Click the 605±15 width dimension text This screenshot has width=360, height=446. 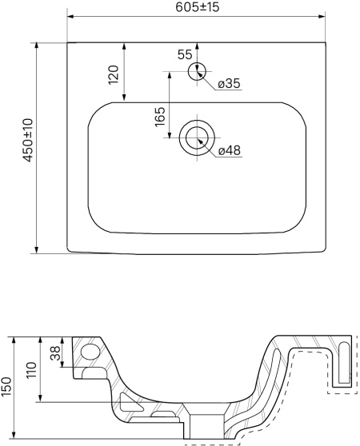point(198,7)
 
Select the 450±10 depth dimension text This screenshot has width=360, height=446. point(29,141)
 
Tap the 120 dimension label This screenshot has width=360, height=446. point(114,74)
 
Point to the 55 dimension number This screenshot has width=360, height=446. point(185,54)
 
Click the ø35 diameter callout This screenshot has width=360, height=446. point(229,84)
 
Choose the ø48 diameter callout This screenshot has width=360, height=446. point(230,150)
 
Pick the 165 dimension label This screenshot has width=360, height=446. point(160,117)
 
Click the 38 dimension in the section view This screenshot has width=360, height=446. point(56,353)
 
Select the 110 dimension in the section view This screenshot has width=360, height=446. point(31,370)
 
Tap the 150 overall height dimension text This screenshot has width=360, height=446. point(6,386)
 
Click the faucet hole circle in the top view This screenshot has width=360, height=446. point(197,71)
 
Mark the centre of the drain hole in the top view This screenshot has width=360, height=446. point(197,138)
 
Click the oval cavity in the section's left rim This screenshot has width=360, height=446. point(90,352)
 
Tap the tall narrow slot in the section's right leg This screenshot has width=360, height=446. point(344,363)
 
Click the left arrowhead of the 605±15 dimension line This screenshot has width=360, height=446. point(70,17)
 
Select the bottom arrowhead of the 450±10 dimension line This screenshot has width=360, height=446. point(36,249)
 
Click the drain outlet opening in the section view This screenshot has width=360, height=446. point(207,426)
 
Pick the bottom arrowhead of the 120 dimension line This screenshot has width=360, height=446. point(124,98)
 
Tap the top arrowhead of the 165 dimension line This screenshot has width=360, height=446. point(170,75)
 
